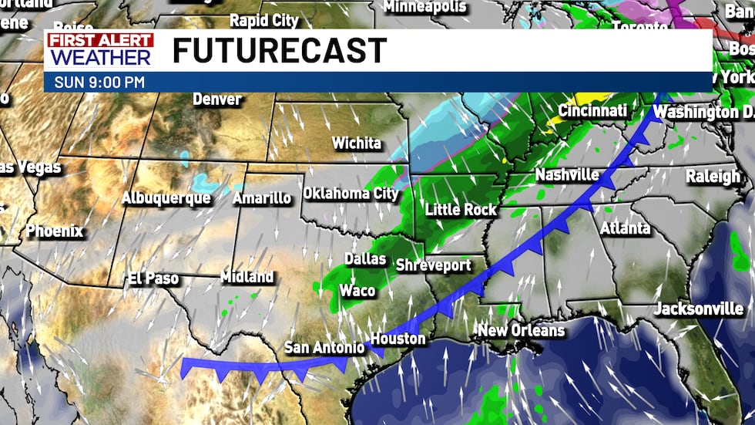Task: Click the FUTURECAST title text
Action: tap(279, 51)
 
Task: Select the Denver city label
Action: tap(216, 100)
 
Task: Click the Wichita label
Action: tap(356, 143)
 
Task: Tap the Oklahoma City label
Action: tap(351, 194)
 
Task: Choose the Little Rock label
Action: tap(461, 209)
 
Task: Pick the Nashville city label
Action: tap(567, 175)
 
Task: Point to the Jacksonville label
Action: tap(699, 309)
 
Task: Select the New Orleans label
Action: tap(521, 331)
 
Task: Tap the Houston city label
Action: tap(398, 339)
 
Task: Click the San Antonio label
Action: tap(324, 348)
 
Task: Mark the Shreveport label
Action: tap(433, 265)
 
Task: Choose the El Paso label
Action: tap(153, 278)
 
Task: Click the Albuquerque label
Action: tap(166, 198)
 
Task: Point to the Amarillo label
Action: tap(262, 198)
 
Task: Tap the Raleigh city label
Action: tap(712, 176)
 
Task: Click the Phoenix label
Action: tap(54, 231)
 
